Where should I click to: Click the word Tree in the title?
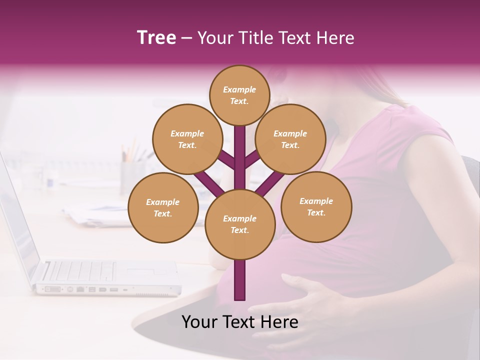(156, 38)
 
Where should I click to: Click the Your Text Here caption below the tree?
(240, 322)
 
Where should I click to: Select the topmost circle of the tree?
(239, 95)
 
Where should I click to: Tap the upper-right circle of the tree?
(290, 139)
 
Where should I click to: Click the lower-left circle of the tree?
(163, 208)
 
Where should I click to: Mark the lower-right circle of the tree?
(316, 207)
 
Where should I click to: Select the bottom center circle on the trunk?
(240, 224)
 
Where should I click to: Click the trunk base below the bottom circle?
(240, 280)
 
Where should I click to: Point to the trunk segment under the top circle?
(240, 150)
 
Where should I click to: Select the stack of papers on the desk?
(97, 215)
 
